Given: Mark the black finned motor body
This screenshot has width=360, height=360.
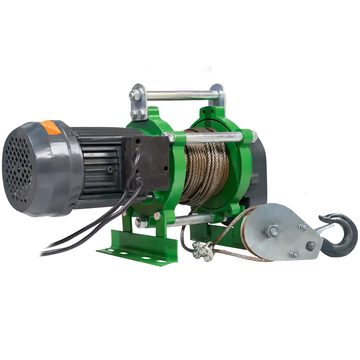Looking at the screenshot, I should (97, 162).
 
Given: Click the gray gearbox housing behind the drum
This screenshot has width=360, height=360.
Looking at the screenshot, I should (259, 169).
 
